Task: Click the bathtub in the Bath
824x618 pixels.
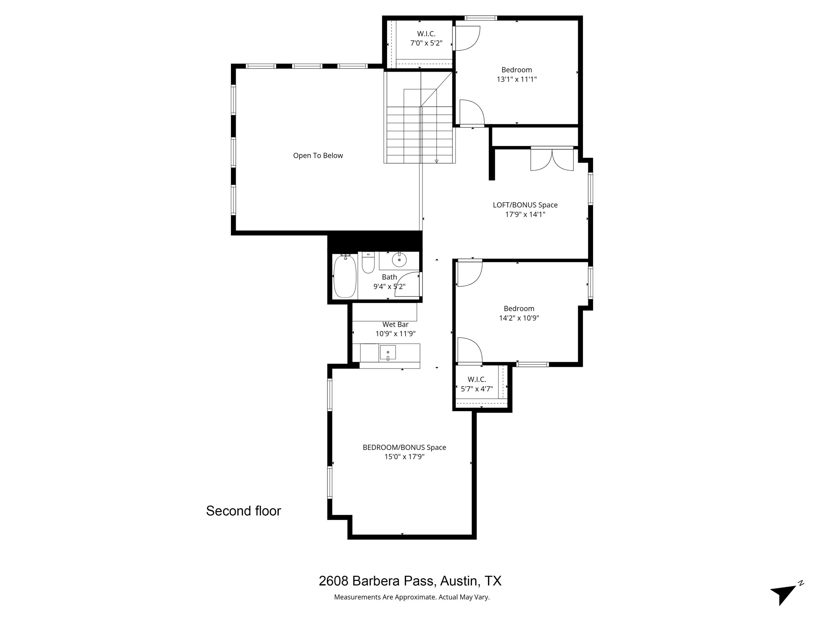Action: pos(345,276)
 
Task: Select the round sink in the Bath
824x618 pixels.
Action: pos(399,260)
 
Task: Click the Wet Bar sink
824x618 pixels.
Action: pos(387,352)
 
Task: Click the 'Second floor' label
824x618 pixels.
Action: pos(243,511)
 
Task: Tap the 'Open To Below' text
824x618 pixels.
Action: pos(318,156)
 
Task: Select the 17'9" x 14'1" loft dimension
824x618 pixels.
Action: pos(525,214)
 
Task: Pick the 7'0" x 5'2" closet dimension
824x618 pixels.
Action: pos(426,43)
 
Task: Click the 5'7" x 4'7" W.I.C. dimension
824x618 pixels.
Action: pos(477,389)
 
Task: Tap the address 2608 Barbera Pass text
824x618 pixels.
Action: pos(410,581)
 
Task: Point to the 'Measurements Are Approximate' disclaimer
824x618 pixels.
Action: pos(412,597)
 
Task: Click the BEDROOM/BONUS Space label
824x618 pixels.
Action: pos(404,447)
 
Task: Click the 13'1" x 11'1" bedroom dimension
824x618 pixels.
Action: pos(517,79)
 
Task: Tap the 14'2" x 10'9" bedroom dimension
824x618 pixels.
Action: pos(519,318)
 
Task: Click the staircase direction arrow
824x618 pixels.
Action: pos(437,161)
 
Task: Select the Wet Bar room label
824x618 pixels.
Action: pos(395,324)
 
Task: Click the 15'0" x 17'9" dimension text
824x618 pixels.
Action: pos(404,457)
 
